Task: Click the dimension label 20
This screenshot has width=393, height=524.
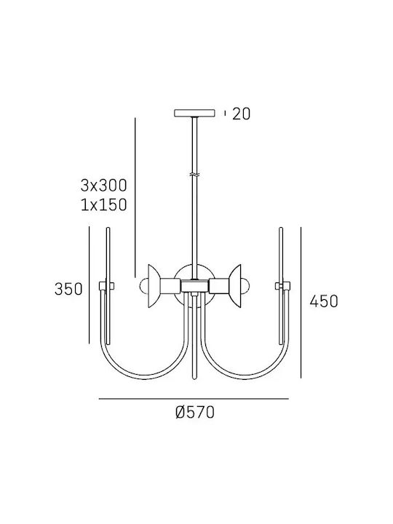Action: coord(241,114)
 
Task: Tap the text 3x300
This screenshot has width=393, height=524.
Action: coord(103,186)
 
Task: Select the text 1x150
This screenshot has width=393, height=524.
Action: coord(103,205)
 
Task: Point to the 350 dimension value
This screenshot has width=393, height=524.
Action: coord(68,289)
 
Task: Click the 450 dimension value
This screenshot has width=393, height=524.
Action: coord(324,301)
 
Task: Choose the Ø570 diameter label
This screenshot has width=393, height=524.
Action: coord(195,413)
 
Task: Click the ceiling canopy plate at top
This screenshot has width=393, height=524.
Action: coord(194,113)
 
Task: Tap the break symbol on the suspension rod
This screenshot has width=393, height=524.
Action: coord(194,175)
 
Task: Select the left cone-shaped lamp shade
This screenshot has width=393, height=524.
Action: coord(154,287)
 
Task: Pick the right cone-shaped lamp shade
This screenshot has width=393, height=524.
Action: coord(235,287)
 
